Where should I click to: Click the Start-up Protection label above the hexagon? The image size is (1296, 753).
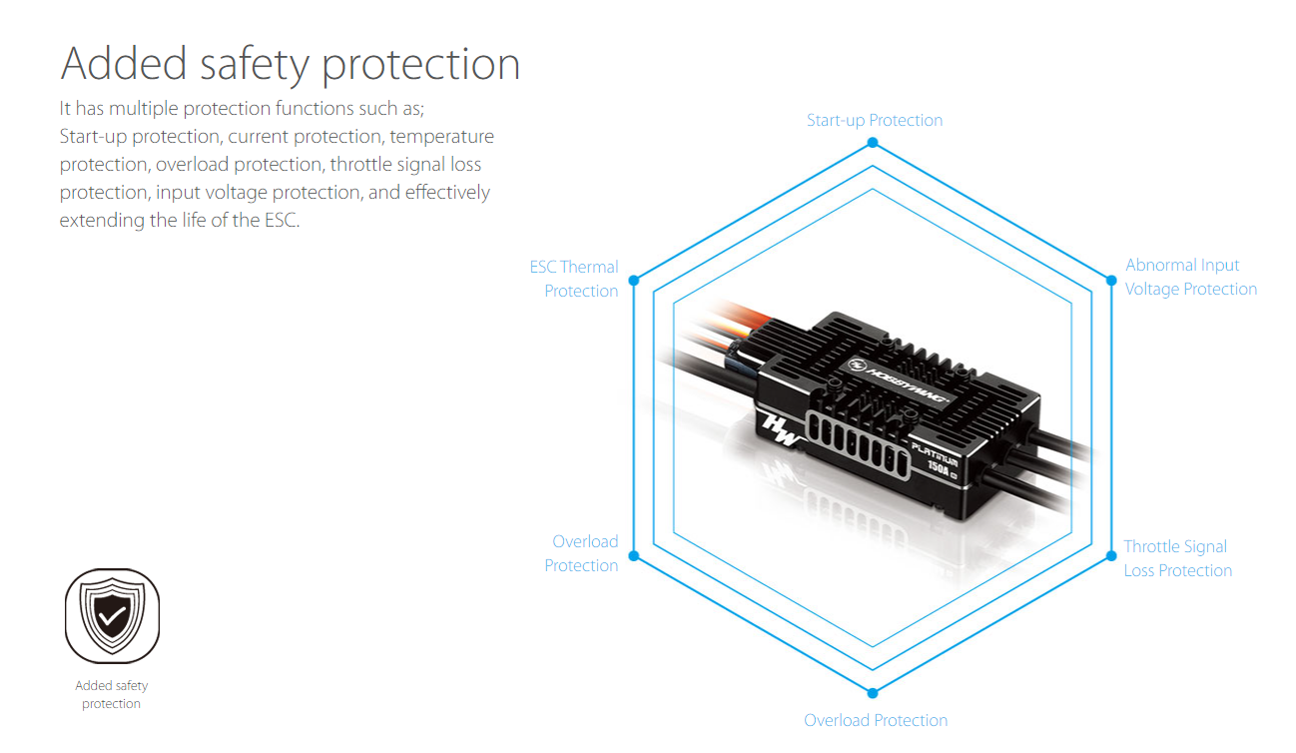click(x=875, y=121)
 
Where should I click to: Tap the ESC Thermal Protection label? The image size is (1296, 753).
click(x=574, y=279)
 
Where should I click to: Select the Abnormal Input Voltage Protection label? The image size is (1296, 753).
click(x=1191, y=277)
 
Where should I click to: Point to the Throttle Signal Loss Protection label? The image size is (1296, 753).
click(x=1178, y=558)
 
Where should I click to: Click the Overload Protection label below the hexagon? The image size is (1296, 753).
click(x=876, y=720)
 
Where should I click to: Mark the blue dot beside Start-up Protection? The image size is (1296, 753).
click(x=873, y=143)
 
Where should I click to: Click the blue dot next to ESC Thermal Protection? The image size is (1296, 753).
click(x=634, y=281)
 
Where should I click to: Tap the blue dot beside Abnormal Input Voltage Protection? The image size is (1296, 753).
click(x=1111, y=281)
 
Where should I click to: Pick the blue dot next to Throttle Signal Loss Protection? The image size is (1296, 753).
click(x=1111, y=555)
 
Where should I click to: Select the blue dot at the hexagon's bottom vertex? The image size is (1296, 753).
click(x=873, y=693)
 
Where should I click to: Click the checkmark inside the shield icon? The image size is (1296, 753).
click(x=112, y=616)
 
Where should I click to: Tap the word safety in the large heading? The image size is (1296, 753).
click(x=255, y=64)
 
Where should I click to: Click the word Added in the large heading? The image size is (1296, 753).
click(x=123, y=63)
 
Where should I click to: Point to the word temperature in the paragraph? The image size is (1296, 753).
click(x=441, y=137)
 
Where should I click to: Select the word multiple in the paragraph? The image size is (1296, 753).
click(x=144, y=109)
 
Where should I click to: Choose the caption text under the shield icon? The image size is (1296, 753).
click(x=112, y=694)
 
